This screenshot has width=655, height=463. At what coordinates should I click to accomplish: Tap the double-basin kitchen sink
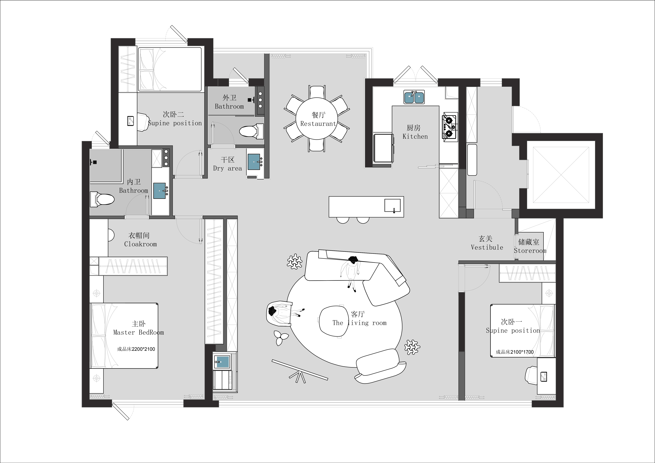click(414, 97)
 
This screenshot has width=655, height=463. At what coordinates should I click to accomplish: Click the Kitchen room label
click(415, 132)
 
